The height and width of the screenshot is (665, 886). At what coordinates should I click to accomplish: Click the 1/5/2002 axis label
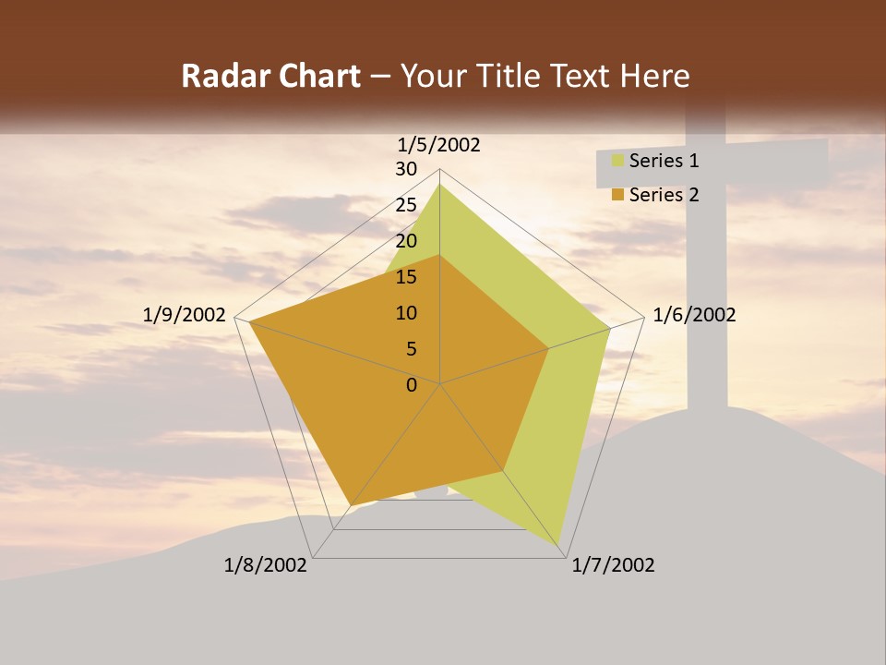(x=439, y=144)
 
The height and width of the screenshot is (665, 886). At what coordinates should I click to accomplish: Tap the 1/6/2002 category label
(x=694, y=315)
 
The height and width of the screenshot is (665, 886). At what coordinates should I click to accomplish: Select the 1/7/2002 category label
(x=613, y=565)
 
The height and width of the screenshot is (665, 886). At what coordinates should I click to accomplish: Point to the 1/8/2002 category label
(x=266, y=565)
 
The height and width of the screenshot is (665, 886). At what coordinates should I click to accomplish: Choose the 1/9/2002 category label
(x=185, y=315)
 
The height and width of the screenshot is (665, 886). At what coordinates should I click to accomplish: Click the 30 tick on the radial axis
(x=406, y=169)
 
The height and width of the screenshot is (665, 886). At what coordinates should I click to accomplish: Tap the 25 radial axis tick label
(x=406, y=205)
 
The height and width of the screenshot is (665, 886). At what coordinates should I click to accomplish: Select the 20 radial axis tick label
(x=406, y=241)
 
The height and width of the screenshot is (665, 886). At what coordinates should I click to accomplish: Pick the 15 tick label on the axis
(x=406, y=277)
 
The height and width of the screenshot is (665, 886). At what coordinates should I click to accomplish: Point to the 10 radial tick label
(x=406, y=313)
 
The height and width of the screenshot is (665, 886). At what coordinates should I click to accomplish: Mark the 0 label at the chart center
(x=412, y=385)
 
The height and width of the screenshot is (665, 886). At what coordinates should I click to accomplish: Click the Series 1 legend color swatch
(x=617, y=162)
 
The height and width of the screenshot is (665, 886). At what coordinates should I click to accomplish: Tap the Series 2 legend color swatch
(x=617, y=195)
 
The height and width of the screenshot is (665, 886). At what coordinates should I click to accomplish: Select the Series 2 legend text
(x=664, y=195)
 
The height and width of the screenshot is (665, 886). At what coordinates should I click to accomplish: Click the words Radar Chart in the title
(x=270, y=77)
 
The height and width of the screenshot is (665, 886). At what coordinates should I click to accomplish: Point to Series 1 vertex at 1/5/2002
(x=439, y=185)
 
